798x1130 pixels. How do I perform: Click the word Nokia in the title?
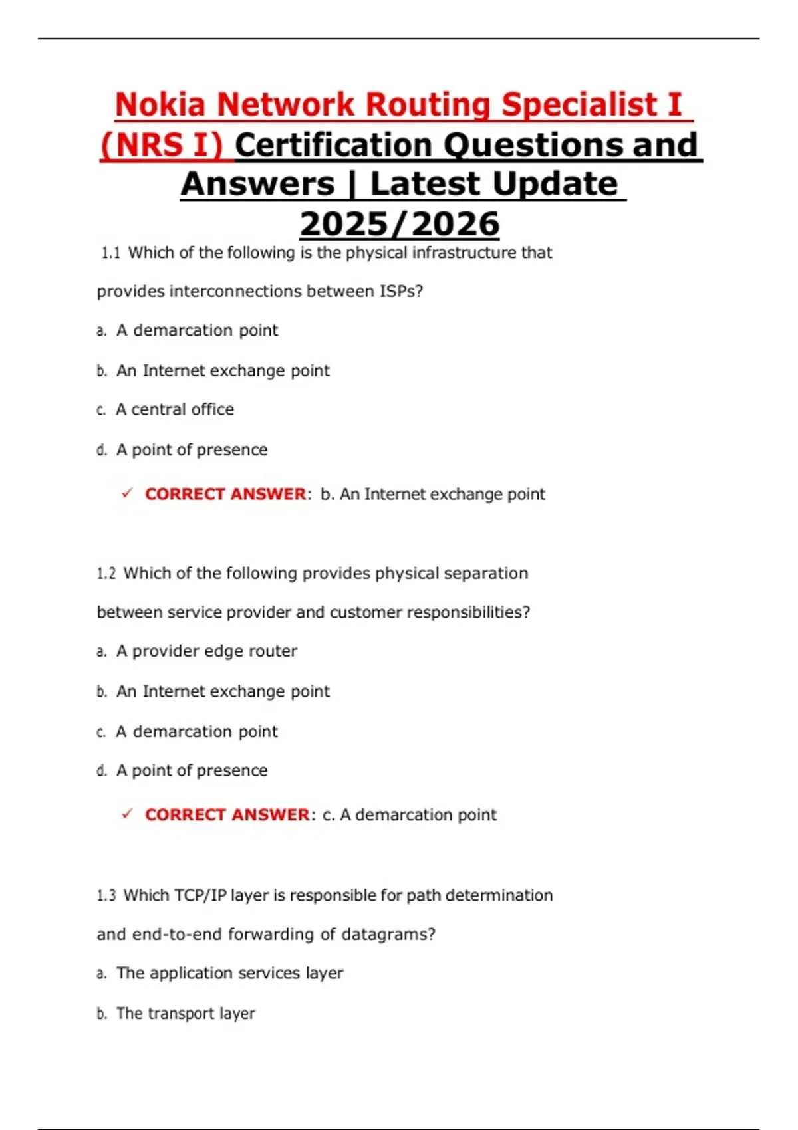pos(160,105)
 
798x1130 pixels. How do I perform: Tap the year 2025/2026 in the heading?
pos(399,224)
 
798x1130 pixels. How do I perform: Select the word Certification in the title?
pos(333,145)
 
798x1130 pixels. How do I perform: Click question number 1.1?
pos(110,253)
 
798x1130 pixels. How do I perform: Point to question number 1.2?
pos(106,573)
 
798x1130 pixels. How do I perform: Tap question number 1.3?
pos(106,895)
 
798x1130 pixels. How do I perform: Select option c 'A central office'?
pos(175,409)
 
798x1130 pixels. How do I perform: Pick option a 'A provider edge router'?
pos(206,651)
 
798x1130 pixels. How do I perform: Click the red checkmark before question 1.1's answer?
pos(127,493)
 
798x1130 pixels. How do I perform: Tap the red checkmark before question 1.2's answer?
pos(127,814)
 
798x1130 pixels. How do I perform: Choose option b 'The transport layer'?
pos(186,1014)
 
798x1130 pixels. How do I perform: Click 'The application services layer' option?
pos(229,973)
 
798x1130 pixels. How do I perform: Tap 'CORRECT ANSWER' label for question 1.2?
pos(227,814)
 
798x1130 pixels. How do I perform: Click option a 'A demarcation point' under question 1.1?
pos(197,330)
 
